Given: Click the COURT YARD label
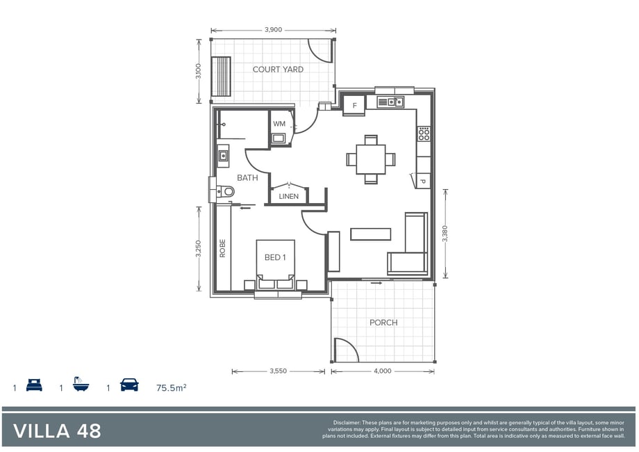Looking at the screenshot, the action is tap(278, 70).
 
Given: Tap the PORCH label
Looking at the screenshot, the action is tap(383, 322).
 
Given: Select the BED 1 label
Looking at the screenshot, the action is tap(275, 257).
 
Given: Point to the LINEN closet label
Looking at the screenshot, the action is tap(288, 196).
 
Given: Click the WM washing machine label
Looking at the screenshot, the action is tap(279, 124).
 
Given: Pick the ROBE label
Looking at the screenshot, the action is tap(222, 248).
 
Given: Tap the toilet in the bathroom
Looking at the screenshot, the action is tap(225, 191).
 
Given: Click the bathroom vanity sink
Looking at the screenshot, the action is tap(223, 156).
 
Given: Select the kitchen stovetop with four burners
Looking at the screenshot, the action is tap(424, 134).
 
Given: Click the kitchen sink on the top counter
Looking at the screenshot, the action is tap(390, 102).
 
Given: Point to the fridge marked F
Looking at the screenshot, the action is tap(354, 105).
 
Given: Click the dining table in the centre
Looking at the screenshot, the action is tap(370, 159).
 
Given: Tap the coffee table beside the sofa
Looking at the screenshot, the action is tap(370, 234).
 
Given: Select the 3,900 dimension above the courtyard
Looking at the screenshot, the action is tap(273, 30).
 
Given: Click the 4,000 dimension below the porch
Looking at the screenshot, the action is tap(382, 371).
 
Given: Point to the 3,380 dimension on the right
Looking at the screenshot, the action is tap(445, 234).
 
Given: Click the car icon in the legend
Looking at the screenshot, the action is tap(130, 385).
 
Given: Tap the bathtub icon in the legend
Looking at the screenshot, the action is tap(81, 385).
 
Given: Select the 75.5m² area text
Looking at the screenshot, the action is tap(171, 387).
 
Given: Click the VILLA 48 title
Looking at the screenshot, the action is tap(57, 431).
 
